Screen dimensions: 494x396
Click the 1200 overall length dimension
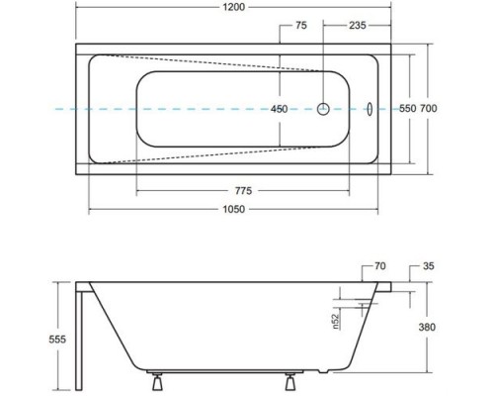pos(234,7)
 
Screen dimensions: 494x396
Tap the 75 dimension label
pos(301,26)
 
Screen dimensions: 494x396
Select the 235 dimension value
pos(358,26)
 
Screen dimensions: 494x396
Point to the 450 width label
pos(279,109)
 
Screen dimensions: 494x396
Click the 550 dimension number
pos(408,108)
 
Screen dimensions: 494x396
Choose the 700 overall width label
pos(429,108)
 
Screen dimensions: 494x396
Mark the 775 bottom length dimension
pos(243,191)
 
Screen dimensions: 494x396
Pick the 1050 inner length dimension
pos(234,209)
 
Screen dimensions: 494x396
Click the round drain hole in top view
pos(323,109)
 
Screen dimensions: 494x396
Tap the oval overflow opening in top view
pos(370,109)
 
